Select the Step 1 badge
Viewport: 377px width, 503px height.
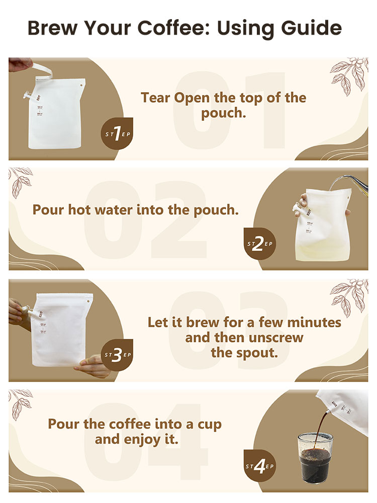click(x=117, y=133)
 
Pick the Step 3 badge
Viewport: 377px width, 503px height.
click(x=117, y=355)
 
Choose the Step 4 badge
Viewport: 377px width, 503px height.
click(x=259, y=466)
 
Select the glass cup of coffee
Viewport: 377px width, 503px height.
click(x=315, y=457)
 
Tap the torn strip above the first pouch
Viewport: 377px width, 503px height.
click(x=41, y=68)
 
